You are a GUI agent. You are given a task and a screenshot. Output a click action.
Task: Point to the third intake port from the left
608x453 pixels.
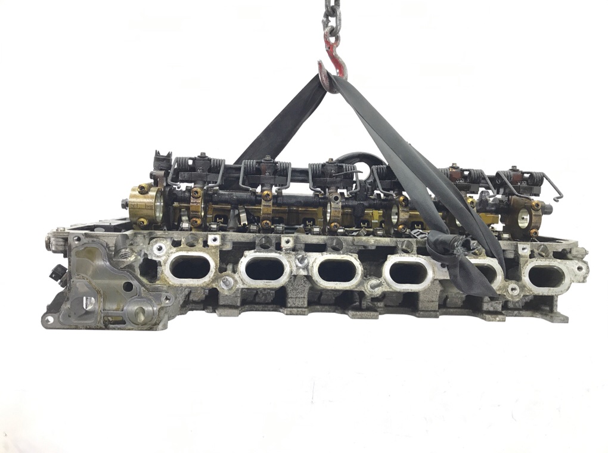336,271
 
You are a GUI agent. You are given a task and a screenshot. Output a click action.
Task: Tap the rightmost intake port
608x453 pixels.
546,275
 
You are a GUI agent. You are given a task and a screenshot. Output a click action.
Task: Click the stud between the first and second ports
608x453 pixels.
226,284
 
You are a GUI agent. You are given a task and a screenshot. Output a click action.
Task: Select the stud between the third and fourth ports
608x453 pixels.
373,287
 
